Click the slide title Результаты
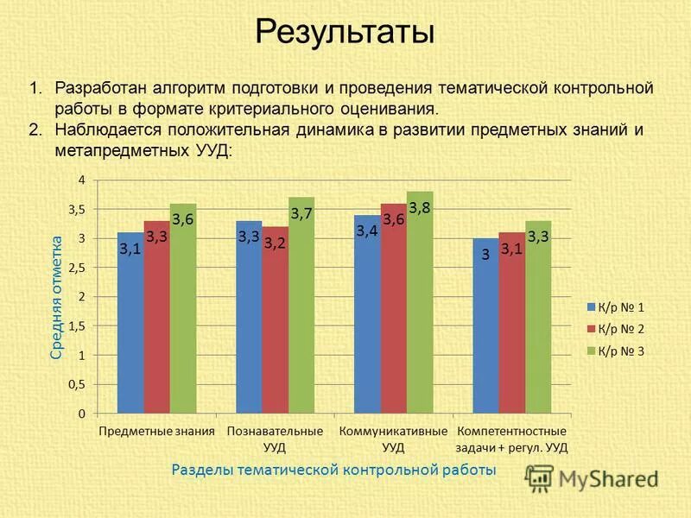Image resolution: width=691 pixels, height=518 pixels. pyautogui.click(x=345, y=33)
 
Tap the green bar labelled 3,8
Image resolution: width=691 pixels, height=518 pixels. pyautogui.click(x=420, y=302)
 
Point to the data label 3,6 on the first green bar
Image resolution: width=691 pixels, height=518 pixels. pyautogui.click(x=182, y=220)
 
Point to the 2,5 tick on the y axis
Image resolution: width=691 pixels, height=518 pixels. pyautogui.click(x=77, y=268)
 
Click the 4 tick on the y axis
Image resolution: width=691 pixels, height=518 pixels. pyautogui.click(x=82, y=180)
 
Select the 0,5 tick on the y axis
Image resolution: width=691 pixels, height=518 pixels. pyautogui.click(x=77, y=385)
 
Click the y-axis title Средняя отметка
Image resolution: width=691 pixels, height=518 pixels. pyautogui.click(x=56, y=297)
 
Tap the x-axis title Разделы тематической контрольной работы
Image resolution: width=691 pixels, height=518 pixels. pyautogui.click(x=333, y=470)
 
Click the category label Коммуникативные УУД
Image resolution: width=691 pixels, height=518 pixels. pyautogui.click(x=393, y=439)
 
